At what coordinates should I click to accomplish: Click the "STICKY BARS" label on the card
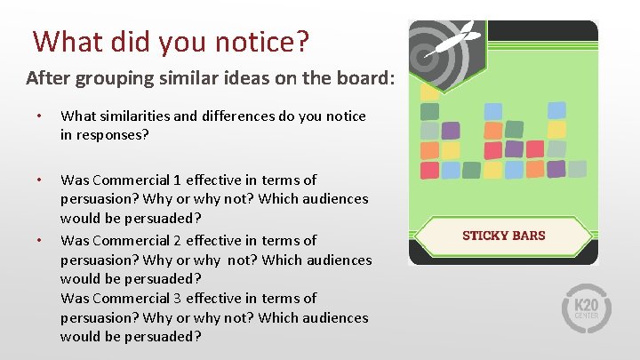point(504,236)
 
